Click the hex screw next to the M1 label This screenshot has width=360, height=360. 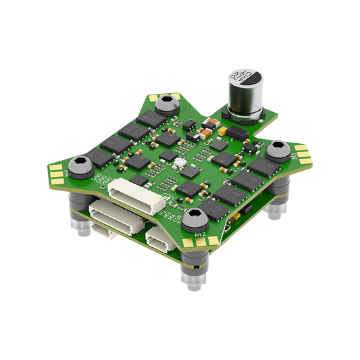[x=278, y=149]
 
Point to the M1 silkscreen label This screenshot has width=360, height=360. [x=295, y=157]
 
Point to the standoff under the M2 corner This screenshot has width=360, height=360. [x=192, y=274]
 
